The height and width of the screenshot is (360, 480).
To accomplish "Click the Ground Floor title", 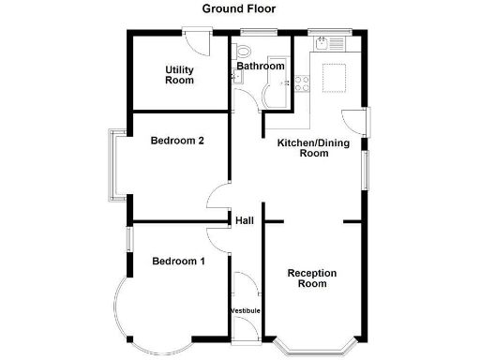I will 240,9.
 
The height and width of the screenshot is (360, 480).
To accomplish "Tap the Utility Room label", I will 179,75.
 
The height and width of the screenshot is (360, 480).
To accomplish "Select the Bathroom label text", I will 260,67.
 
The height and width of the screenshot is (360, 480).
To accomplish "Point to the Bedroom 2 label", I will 177,142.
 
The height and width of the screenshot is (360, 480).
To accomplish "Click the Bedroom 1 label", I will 178,261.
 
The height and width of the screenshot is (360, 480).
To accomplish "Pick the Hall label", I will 244,221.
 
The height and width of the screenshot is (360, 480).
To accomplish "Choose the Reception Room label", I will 312,278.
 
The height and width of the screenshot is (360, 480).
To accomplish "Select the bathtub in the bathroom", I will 277,94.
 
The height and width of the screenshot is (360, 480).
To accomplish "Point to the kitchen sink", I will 331,42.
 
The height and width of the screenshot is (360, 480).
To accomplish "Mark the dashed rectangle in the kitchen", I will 336,78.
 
